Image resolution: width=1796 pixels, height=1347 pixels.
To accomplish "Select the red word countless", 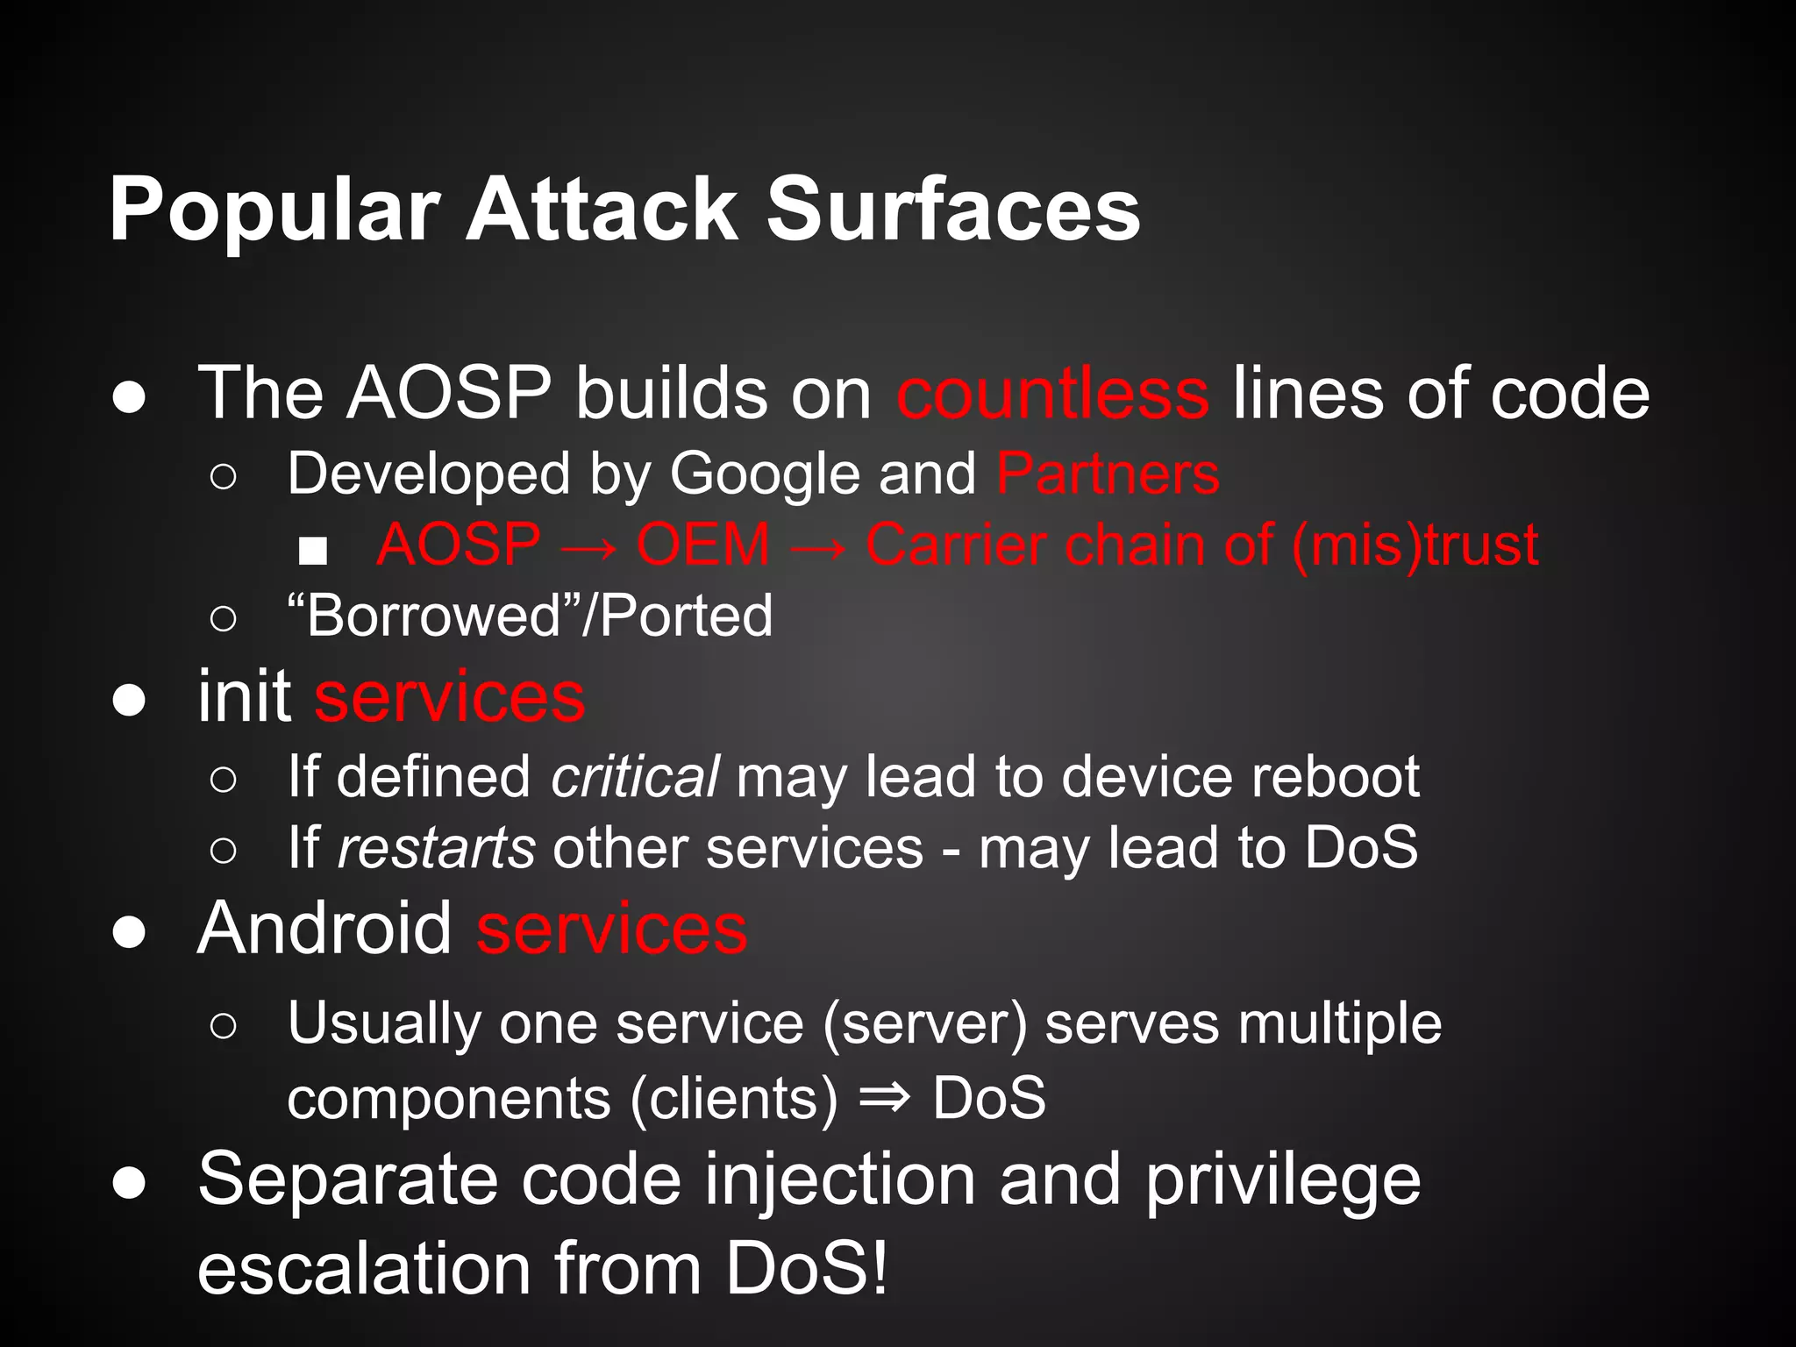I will click(1052, 394).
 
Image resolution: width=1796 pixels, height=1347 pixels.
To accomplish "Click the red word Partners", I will click(1108, 474).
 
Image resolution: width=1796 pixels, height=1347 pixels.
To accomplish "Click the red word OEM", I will click(703, 545).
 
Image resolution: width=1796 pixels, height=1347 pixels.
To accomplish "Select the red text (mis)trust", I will click(1415, 545).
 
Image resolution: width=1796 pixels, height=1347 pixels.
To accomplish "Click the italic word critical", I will click(635, 777).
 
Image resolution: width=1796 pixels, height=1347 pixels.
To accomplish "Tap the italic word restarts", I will click(436, 848).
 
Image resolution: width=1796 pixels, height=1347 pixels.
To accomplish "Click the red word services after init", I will click(449, 698).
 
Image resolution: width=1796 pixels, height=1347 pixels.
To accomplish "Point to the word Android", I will click(324, 929).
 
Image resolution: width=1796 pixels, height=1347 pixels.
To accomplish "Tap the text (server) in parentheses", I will click(924, 1023).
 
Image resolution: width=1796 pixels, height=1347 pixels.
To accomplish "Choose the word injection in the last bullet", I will click(840, 1180).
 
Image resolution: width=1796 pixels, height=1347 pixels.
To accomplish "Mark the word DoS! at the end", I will click(806, 1269).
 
